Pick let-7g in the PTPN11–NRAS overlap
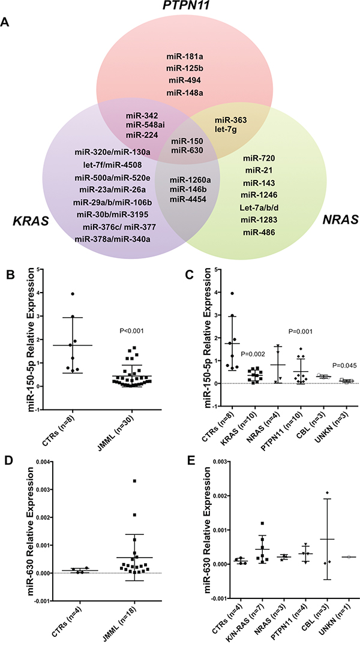click(230, 130)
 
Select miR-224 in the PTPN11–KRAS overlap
click(142, 135)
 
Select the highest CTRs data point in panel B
click(71, 294)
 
